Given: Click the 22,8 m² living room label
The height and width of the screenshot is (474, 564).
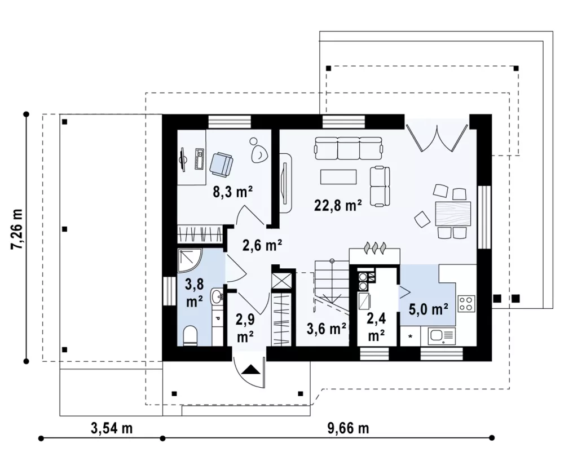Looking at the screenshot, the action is coord(338,205).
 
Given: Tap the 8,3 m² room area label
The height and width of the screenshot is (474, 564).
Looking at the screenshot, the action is coord(232,192).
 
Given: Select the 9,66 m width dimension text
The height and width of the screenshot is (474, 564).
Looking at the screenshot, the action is coord(348,428).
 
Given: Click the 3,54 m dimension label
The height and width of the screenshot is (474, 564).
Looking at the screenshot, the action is coord(112,428).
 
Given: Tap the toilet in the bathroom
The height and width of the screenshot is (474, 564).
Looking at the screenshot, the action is coord(190,336).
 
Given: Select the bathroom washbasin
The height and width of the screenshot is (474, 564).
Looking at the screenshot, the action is coord(218,297).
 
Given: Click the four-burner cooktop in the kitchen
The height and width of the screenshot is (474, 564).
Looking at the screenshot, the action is coord(466,303).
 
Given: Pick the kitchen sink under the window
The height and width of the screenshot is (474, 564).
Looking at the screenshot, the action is coord(442,336).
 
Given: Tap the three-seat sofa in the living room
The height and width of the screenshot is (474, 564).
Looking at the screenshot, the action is coord(349,148).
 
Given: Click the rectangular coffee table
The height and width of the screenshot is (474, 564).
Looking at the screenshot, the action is coord(338,177).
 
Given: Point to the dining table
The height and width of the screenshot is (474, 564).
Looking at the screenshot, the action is coord(452,213).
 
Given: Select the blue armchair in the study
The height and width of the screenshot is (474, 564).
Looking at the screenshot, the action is coord(221,165).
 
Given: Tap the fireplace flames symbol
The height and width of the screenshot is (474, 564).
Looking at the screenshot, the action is coord(376,248).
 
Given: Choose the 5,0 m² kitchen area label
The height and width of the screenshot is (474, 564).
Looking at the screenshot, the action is coord(429,309).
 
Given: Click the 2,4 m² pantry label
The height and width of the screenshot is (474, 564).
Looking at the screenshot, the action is coord(376,327).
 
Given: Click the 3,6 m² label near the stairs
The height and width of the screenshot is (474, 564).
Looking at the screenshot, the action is coord(327,329).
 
